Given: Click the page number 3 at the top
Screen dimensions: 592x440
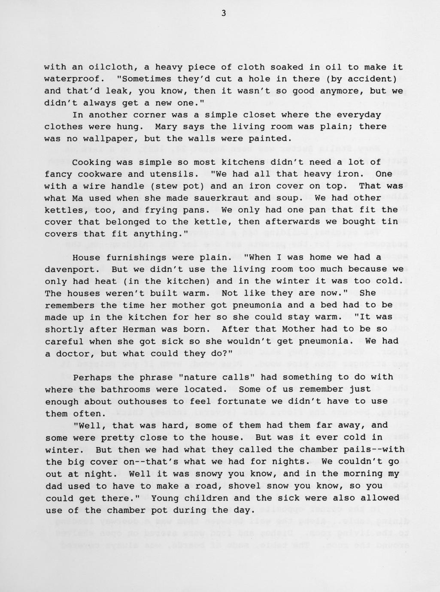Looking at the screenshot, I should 223,13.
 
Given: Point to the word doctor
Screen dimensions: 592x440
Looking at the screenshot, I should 75,354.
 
